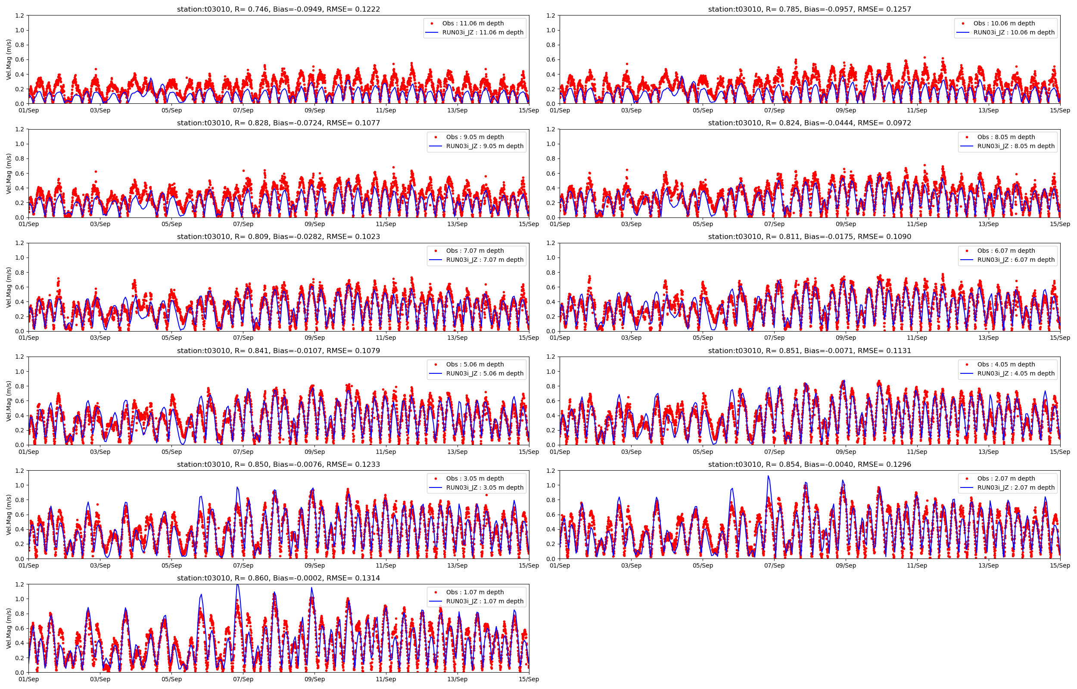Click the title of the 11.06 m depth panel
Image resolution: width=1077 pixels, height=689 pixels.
tap(278, 9)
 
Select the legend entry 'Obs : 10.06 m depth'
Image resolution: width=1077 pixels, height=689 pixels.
tap(1004, 23)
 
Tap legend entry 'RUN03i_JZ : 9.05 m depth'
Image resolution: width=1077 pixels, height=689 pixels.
tap(484, 146)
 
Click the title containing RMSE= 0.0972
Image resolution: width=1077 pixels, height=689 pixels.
tap(809, 123)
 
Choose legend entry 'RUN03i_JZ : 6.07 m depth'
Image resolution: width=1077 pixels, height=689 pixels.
tap(1015, 260)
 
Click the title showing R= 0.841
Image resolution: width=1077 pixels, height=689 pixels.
tap(278, 351)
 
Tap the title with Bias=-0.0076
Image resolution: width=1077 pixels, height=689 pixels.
tap(278, 464)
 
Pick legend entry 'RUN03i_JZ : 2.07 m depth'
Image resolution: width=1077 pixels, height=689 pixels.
tap(1015, 487)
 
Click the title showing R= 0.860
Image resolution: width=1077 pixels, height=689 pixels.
tap(278, 578)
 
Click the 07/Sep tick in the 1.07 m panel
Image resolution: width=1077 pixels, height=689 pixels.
tap(243, 679)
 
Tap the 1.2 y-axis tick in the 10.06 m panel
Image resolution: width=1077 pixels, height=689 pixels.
tap(551, 16)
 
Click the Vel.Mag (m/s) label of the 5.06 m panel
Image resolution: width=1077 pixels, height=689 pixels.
tap(9, 401)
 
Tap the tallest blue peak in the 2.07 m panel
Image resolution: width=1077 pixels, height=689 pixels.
tap(768, 476)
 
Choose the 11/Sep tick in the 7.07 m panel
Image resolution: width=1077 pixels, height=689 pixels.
tap(386, 338)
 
